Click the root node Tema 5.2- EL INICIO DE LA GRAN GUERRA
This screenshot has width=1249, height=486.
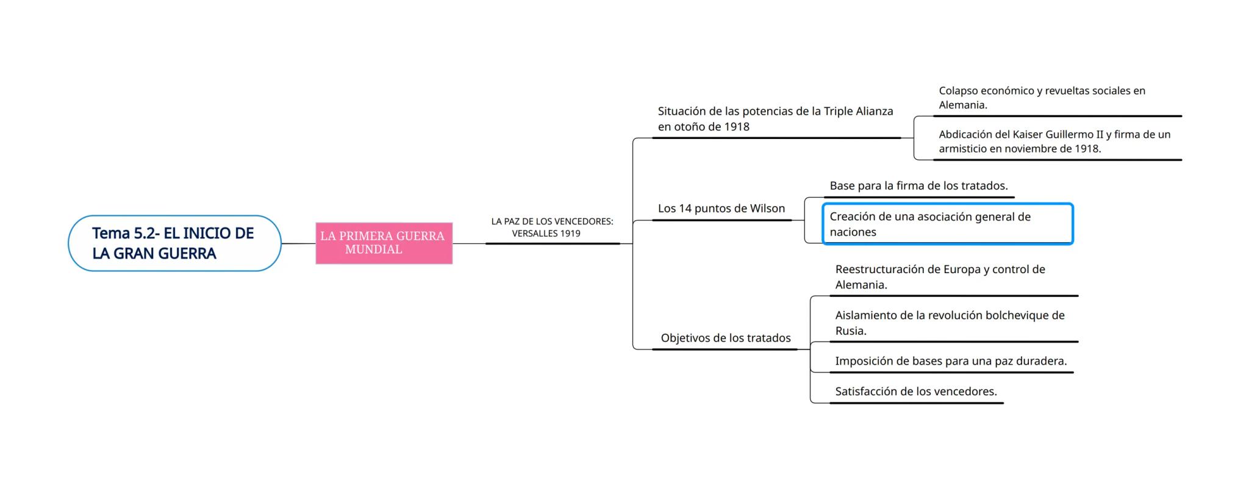(x=174, y=243)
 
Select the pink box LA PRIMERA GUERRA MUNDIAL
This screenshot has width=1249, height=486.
(x=384, y=243)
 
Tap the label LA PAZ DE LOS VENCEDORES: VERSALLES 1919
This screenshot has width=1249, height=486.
(x=552, y=227)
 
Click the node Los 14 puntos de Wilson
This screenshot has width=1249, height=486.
(x=721, y=209)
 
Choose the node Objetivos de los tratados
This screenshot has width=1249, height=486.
(x=725, y=338)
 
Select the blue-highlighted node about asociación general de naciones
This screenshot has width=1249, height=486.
(x=947, y=224)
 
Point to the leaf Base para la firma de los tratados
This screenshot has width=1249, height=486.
(x=918, y=186)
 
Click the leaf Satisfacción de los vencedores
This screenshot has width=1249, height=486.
(x=915, y=391)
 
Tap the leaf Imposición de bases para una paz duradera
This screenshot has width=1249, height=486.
(x=950, y=361)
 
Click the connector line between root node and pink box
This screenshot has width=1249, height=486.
(x=298, y=243)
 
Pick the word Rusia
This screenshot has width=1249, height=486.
(x=850, y=331)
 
